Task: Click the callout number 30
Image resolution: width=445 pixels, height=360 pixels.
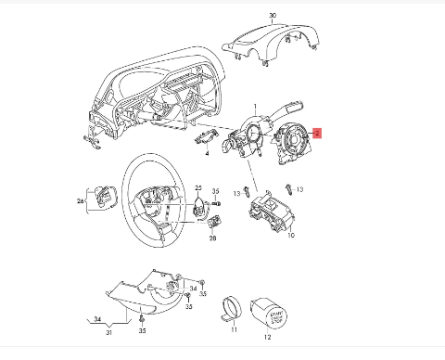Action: (x=273, y=17)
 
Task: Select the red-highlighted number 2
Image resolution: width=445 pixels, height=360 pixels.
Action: (x=317, y=134)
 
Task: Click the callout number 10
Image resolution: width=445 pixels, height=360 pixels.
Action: (x=290, y=236)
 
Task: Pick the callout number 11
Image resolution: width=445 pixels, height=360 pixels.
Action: (x=233, y=329)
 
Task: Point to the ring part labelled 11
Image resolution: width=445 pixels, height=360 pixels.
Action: (x=232, y=307)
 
